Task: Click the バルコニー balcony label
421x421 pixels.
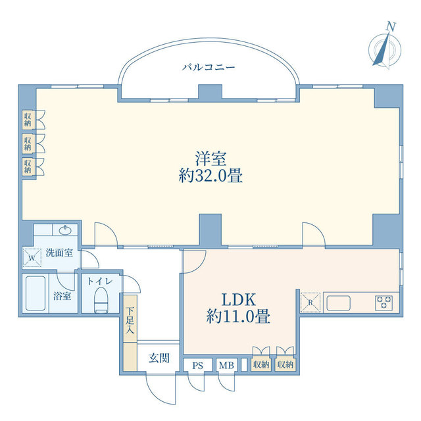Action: (209, 67)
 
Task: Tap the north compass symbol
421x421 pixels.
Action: (384, 48)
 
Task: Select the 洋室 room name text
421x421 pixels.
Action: (210, 159)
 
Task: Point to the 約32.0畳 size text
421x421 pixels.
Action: (210, 176)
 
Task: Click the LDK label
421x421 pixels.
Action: (238, 300)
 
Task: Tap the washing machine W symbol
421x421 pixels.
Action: (32, 258)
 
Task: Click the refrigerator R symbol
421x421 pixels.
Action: (310, 303)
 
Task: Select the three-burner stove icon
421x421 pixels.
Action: (384, 303)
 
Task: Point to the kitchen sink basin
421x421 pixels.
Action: (338, 303)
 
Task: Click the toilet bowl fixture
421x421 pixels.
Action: (101, 300)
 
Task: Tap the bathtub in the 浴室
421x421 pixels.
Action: (36, 293)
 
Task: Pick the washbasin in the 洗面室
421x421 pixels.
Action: (65, 230)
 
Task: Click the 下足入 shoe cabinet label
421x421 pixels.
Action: (130, 320)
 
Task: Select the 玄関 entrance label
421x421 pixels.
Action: (159, 358)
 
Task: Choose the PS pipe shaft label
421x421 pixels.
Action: (197, 366)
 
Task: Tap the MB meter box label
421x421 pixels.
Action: (226, 366)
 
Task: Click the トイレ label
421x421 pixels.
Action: (100, 281)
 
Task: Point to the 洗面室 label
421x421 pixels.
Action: (59, 253)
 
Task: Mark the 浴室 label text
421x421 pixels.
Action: (62, 296)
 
